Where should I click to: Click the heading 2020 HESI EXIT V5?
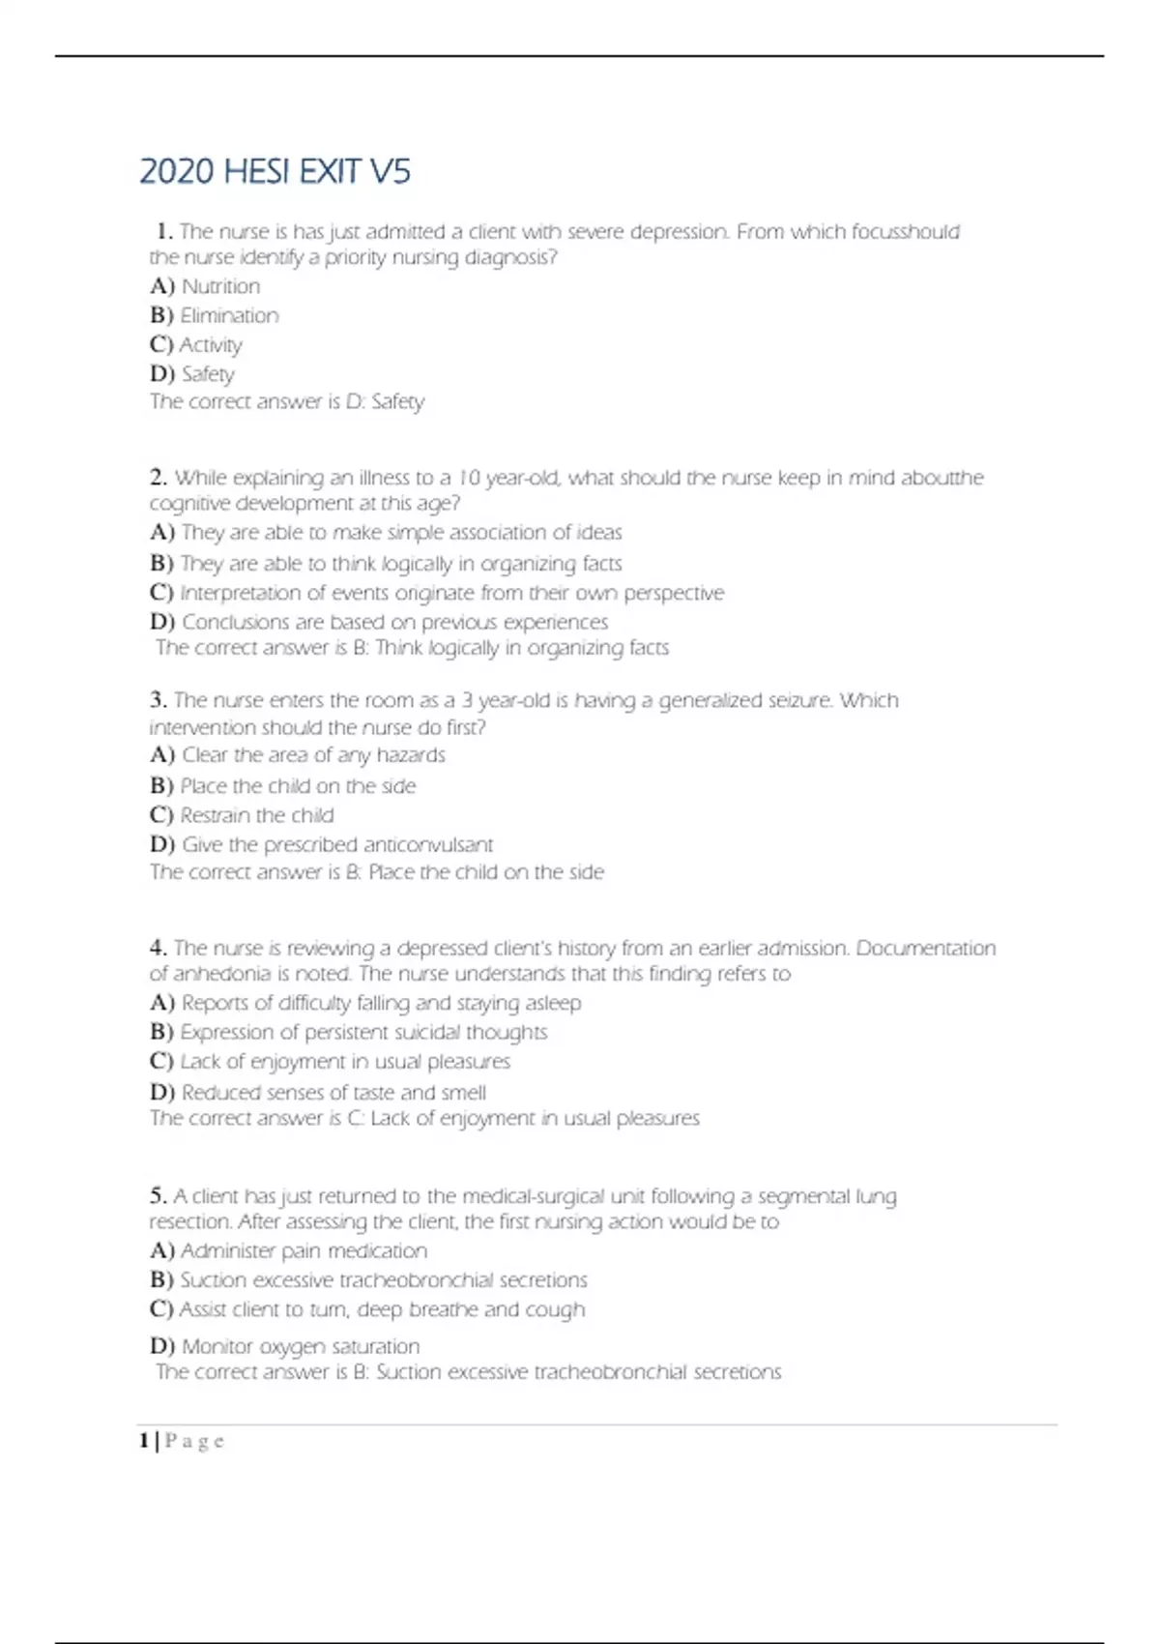275,172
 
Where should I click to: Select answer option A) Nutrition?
205,286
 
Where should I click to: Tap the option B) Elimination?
214,315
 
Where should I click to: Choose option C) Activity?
195,344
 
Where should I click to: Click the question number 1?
164,232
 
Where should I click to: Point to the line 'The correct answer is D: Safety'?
286,401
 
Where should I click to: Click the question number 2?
159,478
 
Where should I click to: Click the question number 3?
159,700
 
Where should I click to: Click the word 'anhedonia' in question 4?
222,974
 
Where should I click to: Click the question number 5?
159,1196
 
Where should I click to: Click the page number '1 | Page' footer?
182,1441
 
